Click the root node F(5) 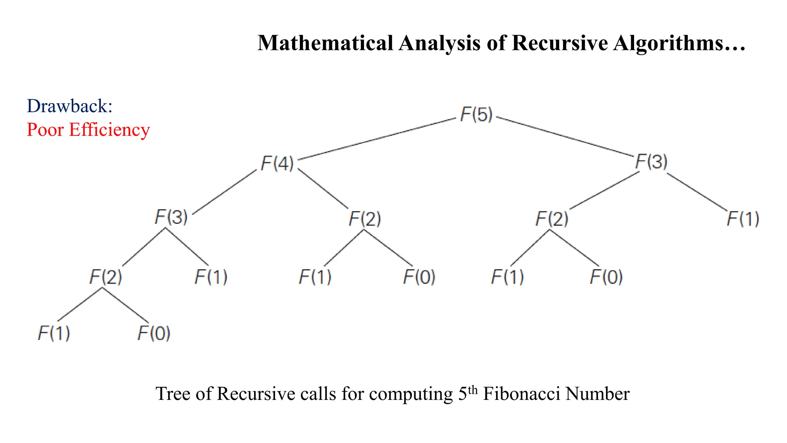click(477, 115)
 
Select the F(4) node click(277, 163)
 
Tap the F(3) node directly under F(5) click(651, 162)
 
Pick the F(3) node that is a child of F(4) click(171, 217)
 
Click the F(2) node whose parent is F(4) click(365, 219)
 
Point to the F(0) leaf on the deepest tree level click(154, 333)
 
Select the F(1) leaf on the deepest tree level click(54, 333)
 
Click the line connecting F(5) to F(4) click(377, 139)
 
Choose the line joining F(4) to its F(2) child click(323, 188)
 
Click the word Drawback click(69, 106)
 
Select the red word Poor click(45, 130)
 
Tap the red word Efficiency click(110, 130)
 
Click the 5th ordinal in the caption click(468, 393)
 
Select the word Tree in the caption click(173, 394)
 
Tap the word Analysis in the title click(440, 43)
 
